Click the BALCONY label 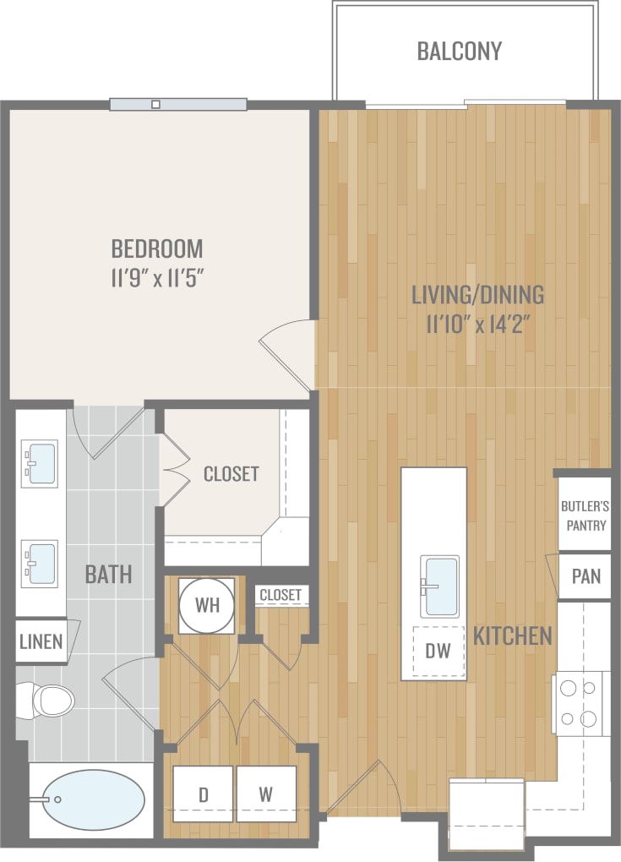tap(459, 51)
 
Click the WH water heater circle tap(207, 606)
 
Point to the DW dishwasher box tap(439, 652)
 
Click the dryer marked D tap(203, 794)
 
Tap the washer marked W tap(266, 794)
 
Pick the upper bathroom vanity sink tap(41, 463)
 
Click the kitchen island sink tap(440, 586)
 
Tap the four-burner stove tap(581, 703)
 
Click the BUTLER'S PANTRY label tap(585, 516)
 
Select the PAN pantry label tap(586, 576)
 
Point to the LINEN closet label tap(41, 641)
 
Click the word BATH tap(108, 575)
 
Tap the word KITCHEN tap(513, 636)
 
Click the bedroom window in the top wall tap(178, 105)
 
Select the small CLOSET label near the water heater tap(280, 595)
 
